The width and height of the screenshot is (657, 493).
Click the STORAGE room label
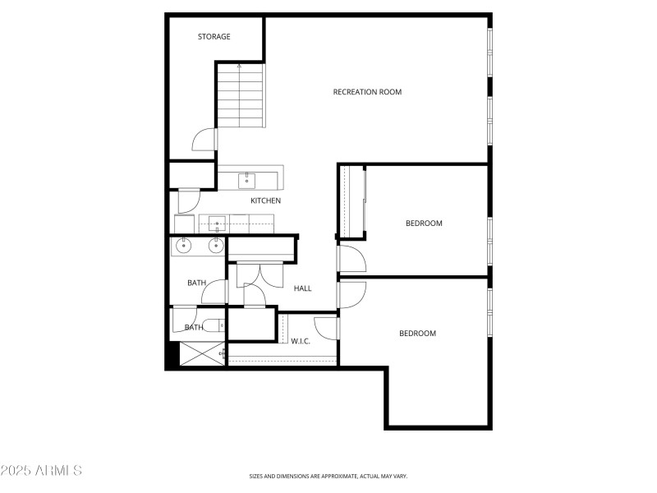coord(214,37)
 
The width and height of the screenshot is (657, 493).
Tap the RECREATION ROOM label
coord(367,92)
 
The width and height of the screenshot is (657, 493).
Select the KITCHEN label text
coord(265,200)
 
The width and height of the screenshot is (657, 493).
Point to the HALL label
coord(303,288)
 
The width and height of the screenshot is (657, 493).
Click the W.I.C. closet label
coord(301,341)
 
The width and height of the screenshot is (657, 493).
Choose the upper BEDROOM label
coord(424,223)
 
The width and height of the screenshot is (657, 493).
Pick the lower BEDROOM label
coord(417,334)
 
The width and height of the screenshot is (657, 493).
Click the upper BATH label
coord(196,283)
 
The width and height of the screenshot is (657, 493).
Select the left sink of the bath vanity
coord(183,245)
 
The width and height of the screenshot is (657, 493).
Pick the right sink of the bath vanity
coord(216,245)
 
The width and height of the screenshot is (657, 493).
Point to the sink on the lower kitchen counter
coord(217,222)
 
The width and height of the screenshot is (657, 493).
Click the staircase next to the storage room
coord(241,97)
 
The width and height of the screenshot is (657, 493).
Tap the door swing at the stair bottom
coord(204,141)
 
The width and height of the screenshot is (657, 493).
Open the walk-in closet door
coord(327,327)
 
